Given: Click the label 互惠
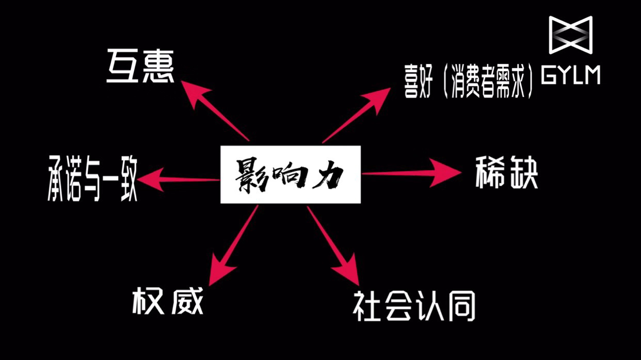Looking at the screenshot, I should tap(140, 67).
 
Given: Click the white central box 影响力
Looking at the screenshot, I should tap(290, 174).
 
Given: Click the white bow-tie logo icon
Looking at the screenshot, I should tap(570, 35).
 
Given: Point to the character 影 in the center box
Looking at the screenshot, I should tap(251, 175).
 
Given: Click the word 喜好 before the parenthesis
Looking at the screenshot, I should tap(419, 83).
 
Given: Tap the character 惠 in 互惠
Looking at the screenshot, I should tap(158, 67).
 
